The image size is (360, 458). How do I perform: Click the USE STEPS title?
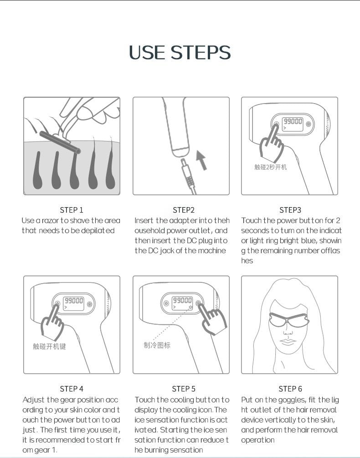pos(180,52)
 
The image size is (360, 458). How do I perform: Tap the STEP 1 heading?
pos(72,210)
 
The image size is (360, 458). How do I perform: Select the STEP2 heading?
pos(184,210)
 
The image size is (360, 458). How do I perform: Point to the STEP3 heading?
pos(290,210)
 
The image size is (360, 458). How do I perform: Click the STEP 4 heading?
pos(72,389)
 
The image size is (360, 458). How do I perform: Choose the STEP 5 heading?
pos(184,389)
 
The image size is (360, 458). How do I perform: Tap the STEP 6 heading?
pos(290,389)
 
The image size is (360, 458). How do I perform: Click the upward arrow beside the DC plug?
pos(201,160)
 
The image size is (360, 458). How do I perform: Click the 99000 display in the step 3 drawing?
pos(293,121)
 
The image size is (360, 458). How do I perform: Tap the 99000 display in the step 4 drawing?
pos(74,301)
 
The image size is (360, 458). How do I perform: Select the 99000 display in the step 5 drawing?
pos(182,300)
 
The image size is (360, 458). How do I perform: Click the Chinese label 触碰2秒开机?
pos(270,167)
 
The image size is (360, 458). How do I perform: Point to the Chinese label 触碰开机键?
pos(49,346)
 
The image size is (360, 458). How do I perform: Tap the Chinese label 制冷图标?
pos(157,345)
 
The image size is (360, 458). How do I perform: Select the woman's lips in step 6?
pos(288,342)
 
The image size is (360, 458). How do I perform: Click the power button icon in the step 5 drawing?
pos(166,303)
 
